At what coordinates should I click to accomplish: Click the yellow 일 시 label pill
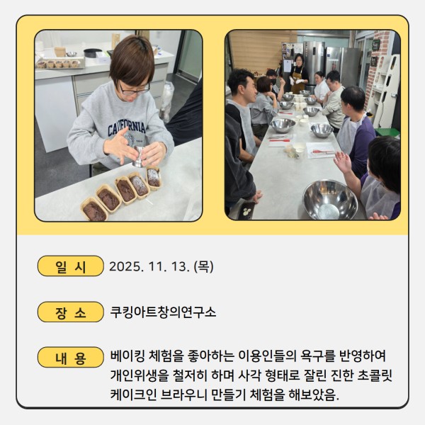coord(70,266)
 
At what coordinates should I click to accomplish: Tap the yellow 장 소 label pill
coord(70,312)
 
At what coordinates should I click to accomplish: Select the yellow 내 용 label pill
coord(70,357)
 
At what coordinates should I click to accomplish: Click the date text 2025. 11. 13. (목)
coord(161,266)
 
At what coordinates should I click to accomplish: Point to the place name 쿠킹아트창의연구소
coord(163,312)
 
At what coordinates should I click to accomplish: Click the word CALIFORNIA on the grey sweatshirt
coord(127,128)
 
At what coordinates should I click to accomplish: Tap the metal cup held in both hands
coord(139,157)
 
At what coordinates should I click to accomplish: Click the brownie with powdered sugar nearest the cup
coord(154,178)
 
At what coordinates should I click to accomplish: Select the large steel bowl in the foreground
coord(330,200)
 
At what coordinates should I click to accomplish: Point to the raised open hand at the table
coord(343,162)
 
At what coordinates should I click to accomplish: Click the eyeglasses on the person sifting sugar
coord(135,89)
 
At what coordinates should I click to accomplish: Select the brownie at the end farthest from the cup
coord(94,210)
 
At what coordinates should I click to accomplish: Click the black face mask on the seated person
coord(273,81)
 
